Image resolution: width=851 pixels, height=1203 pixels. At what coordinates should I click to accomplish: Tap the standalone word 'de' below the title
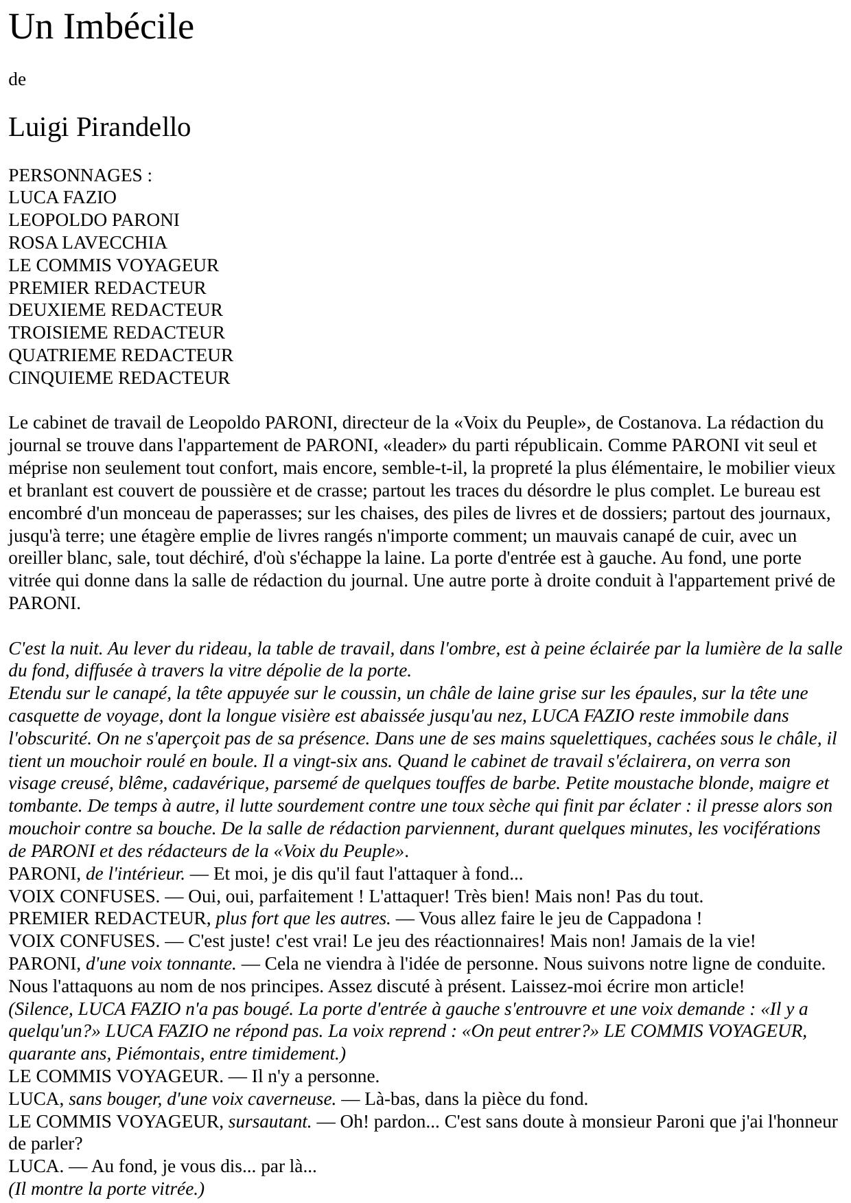(17, 80)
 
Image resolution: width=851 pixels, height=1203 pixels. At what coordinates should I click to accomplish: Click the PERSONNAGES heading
(75, 175)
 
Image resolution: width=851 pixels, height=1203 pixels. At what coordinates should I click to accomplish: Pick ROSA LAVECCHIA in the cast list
(88, 242)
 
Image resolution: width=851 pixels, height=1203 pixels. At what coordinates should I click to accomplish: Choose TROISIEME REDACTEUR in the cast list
(117, 332)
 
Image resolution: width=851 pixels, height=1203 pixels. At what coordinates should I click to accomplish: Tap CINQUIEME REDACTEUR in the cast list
(119, 378)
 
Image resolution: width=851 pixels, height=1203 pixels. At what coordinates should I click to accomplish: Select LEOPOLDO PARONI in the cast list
(94, 220)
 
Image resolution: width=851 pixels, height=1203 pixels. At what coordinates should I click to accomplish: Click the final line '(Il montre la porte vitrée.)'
(106, 1189)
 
